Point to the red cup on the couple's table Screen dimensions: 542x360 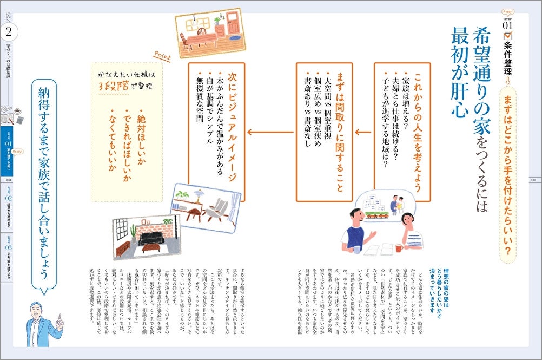[x=399, y=248]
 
